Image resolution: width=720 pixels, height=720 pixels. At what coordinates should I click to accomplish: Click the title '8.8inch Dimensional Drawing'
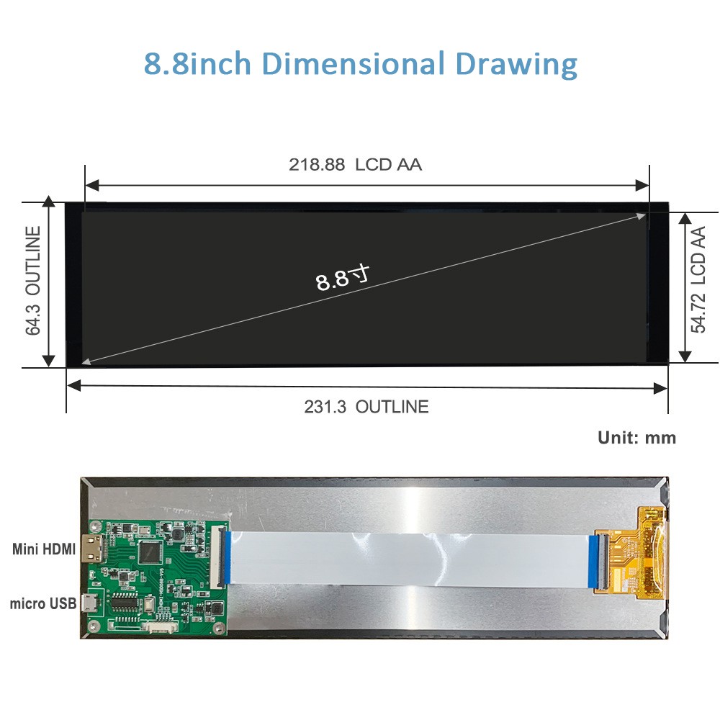click(x=361, y=63)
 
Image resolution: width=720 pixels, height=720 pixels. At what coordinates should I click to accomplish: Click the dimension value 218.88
click(x=317, y=164)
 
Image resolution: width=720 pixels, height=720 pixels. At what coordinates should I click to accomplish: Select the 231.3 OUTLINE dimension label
click(x=366, y=407)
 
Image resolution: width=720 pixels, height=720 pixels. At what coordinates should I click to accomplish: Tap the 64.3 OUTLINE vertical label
click(x=33, y=281)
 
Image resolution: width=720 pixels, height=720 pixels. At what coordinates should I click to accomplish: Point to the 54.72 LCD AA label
click(x=698, y=279)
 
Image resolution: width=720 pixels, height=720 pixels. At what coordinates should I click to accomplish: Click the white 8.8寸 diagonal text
click(x=343, y=278)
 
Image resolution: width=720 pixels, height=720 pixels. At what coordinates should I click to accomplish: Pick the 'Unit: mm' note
click(x=637, y=438)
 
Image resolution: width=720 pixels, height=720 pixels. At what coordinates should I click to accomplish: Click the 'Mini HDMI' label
click(x=44, y=549)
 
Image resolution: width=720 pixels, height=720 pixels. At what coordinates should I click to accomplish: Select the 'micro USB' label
click(x=43, y=603)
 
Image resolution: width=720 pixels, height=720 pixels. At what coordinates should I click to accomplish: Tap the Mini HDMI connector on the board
click(x=91, y=549)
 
